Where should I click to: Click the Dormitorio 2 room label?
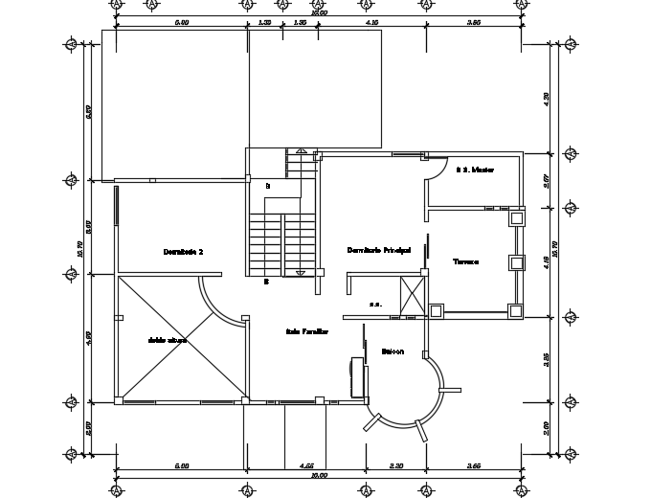tap(183, 252)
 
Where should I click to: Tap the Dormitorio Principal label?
tap(378, 250)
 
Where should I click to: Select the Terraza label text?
tap(465, 260)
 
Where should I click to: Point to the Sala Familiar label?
tap(306, 331)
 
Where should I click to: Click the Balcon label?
tap(393, 351)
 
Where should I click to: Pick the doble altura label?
tap(167, 340)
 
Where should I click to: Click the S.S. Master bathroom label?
tap(474, 170)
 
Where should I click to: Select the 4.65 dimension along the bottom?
tap(308, 466)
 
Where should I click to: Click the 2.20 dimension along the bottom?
tap(396, 466)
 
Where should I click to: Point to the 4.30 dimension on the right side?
tap(547, 97)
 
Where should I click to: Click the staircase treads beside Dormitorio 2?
tap(282, 244)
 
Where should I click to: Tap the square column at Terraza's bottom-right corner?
tap(515, 309)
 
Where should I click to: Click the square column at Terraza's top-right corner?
tap(516, 218)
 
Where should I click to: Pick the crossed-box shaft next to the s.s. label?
tap(413, 295)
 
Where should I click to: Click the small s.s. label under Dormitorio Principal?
tap(375, 305)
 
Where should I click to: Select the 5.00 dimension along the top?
tap(181, 21)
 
